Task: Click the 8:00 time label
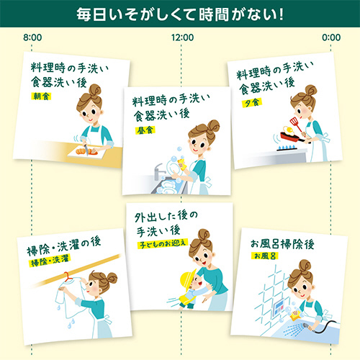(32, 37)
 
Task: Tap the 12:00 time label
(182, 37)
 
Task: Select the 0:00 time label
(331, 37)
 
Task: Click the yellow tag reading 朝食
(41, 96)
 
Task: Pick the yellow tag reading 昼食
(145, 130)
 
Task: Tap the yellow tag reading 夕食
(252, 103)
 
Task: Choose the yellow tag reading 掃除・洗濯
(50, 260)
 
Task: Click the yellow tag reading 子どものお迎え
(163, 244)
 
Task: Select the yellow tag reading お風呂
(264, 256)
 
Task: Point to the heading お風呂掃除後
(282, 244)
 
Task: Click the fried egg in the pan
(289, 131)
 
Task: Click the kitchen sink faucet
(159, 171)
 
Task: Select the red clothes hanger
(68, 278)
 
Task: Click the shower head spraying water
(307, 326)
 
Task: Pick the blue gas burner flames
(287, 147)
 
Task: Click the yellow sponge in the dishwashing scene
(182, 163)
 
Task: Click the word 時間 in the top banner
(213, 14)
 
